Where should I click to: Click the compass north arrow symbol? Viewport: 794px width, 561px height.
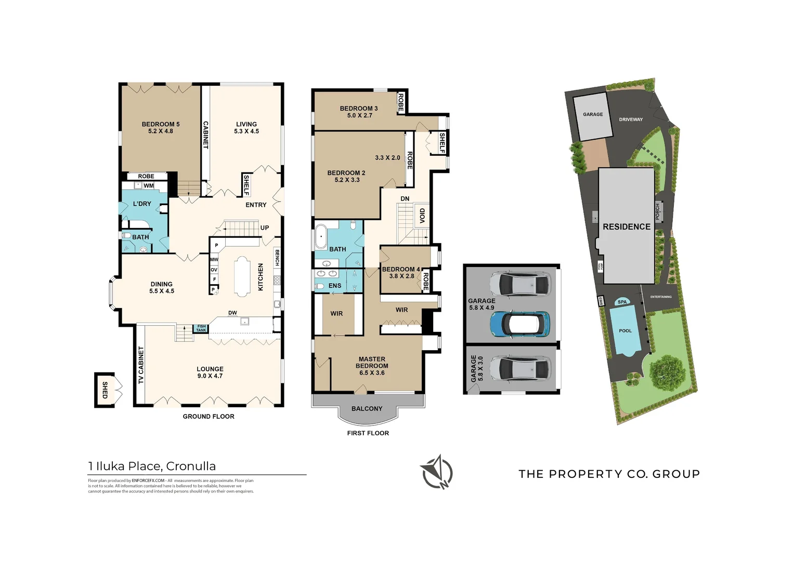436,472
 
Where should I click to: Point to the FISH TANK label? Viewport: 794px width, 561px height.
201,328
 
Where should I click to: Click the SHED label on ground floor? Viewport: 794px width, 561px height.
105,390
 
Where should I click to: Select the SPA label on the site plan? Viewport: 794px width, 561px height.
622,302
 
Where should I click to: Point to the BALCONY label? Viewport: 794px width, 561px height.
367,409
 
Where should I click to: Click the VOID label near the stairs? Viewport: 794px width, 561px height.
422,216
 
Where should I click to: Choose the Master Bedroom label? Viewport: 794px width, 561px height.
372,366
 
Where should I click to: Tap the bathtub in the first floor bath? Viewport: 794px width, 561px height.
321,237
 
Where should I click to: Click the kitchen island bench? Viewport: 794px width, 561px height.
242,276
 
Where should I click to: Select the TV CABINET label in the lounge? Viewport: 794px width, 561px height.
141,365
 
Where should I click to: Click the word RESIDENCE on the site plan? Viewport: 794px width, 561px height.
627,227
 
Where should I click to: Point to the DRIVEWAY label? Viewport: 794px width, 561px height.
631,119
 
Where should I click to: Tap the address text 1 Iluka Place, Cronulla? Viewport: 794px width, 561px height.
152,466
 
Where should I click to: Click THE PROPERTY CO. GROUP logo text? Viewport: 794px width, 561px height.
609,474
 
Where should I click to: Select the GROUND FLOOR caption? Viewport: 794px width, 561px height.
209,417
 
